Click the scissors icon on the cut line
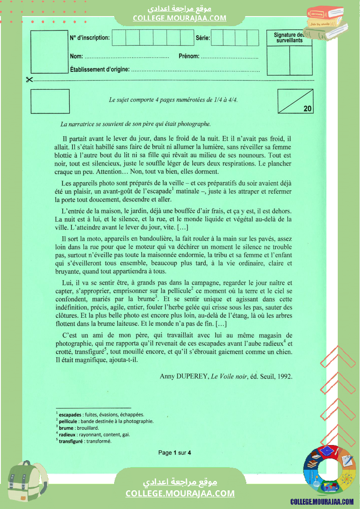[29, 80]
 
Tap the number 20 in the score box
[308, 109]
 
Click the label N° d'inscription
[90, 38]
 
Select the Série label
[203, 38]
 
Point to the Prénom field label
[189, 56]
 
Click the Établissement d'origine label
[99, 69]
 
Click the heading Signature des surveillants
[289, 38]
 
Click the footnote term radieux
[67, 435]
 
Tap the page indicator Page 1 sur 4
[174, 453]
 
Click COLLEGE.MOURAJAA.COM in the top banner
[180, 18]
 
